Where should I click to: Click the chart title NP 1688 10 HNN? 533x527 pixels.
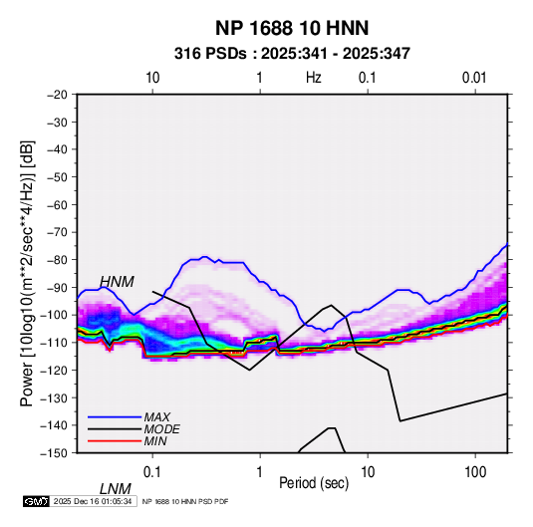click(292, 28)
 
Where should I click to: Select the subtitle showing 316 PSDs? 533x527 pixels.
click(292, 54)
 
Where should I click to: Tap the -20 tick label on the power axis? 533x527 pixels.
click(57, 95)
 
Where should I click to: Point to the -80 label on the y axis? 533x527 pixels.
click(57, 260)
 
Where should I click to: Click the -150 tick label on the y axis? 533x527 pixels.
click(54, 453)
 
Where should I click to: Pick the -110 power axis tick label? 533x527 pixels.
click(54, 343)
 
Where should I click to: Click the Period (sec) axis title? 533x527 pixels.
click(314, 483)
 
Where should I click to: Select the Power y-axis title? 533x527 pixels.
click(27, 274)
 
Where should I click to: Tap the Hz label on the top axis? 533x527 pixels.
click(314, 78)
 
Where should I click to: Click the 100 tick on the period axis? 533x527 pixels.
click(475, 472)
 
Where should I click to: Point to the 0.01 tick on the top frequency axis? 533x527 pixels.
click(474, 78)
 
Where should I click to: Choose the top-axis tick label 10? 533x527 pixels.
click(152, 78)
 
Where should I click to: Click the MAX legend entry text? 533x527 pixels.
click(157, 416)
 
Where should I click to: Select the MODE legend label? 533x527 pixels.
click(161, 429)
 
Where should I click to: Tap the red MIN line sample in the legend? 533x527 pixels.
click(115, 441)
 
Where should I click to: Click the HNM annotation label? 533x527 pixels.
click(117, 282)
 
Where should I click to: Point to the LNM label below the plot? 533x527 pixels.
click(116, 489)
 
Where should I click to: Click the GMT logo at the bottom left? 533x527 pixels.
click(37, 501)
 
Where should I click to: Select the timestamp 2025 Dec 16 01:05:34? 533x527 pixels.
click(93, 501)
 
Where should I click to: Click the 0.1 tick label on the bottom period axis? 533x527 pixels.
click(152, 472)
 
